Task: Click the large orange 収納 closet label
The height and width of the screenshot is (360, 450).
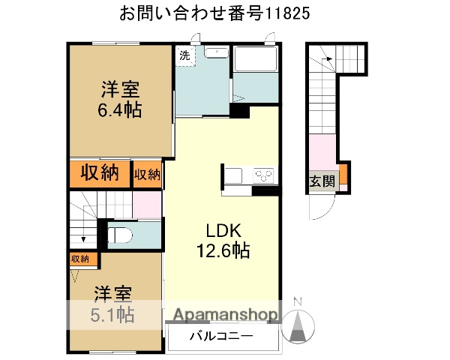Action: coord(100,172)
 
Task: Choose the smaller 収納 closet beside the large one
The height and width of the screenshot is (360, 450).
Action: coord(147,174)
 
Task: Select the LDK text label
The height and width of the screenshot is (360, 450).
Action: coord(224,229)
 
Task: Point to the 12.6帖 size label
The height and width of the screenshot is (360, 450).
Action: coord(224,250)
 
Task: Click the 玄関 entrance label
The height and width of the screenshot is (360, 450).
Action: coord(322,180)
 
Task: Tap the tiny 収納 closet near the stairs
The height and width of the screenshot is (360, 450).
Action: coord(79,259)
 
